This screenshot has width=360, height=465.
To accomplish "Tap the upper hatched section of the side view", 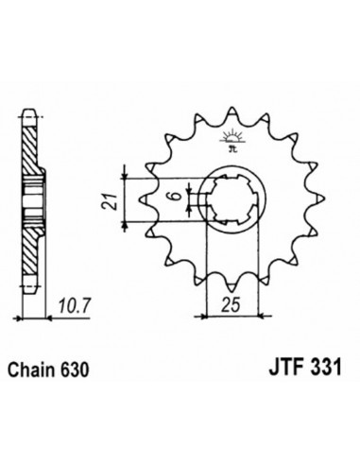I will point(31,151).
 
